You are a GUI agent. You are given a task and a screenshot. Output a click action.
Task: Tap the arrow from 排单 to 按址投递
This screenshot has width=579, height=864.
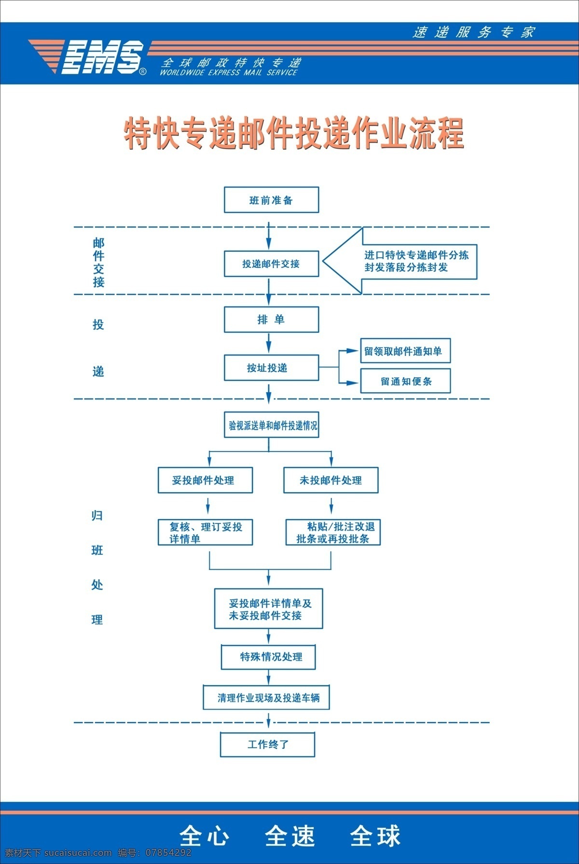click(269, 343)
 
